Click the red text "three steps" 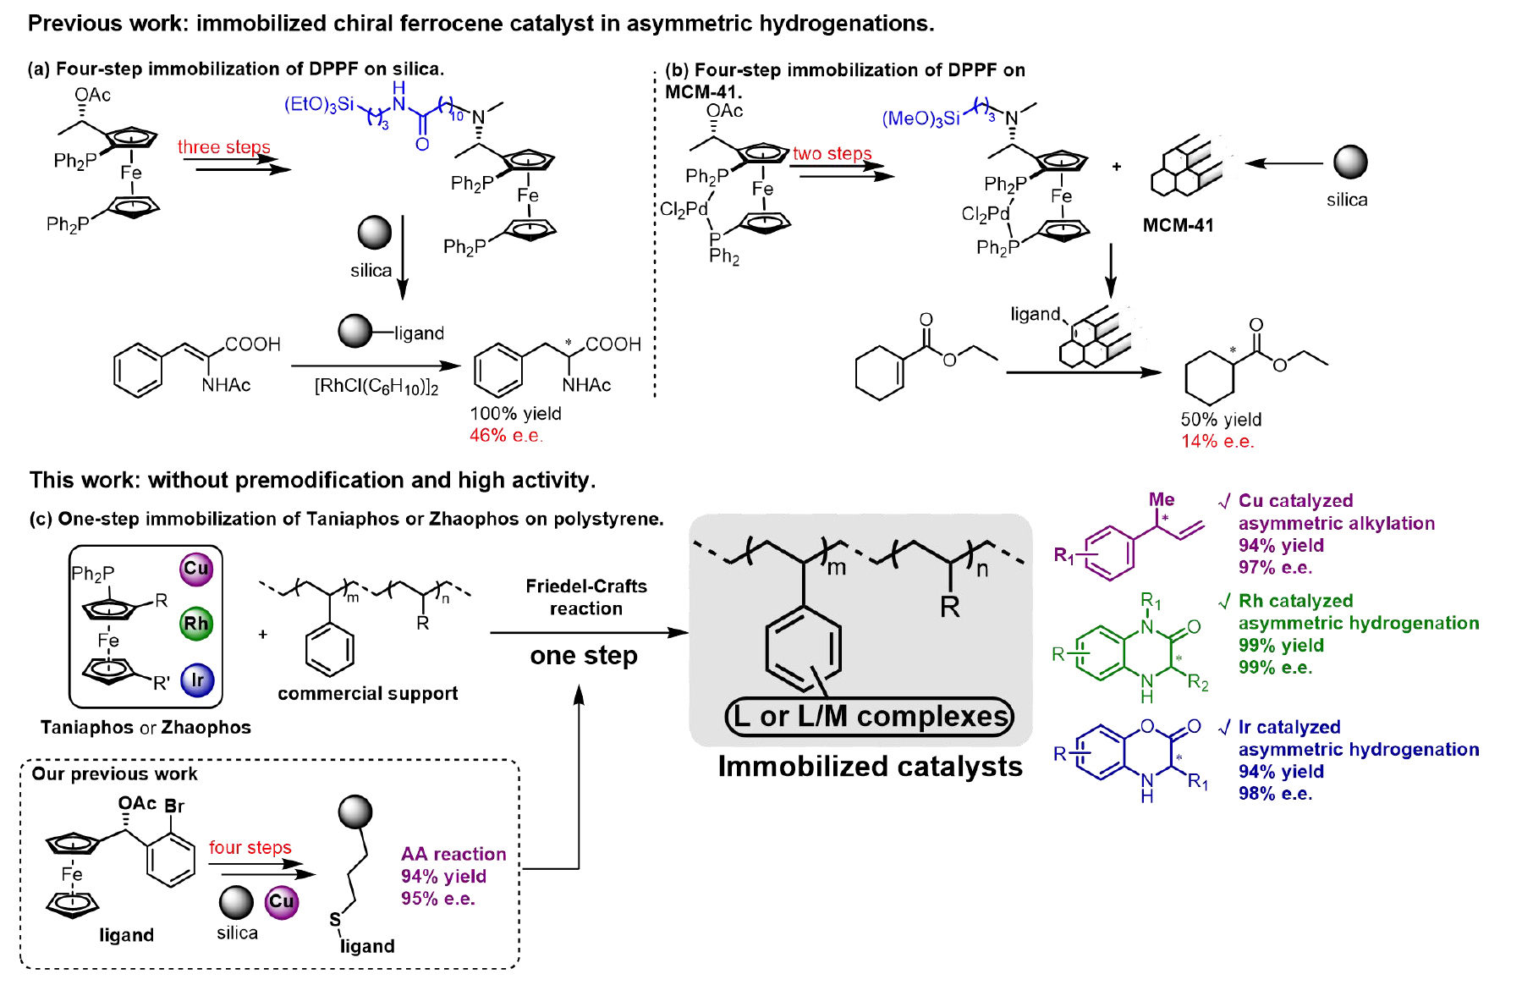[x=223, y=147]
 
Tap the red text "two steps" [x=832, y=153]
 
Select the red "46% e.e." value [x=506, y=436]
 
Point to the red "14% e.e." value [x=1217, y=442]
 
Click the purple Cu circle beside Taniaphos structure [x=196, y=569]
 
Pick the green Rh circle [x=196, y=625]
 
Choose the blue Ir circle [x=197, y=680]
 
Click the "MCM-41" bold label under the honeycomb [x=1178, y=225]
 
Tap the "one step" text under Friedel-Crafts [x=584, y=656]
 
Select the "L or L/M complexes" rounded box [x=870, y=717]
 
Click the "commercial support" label [x=367, y=694]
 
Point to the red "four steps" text [x=250, y=848]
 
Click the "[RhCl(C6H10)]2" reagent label [x=376, y=387]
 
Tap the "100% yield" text [x=515, y=414]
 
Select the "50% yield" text [x=1221, y=420]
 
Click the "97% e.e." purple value [x=1275, y=568]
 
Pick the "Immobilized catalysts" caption [x=870, y=767]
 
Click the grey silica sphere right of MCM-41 [x=1350, y=162]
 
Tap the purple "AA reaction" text [x=453, y=855]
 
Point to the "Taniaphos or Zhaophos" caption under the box [x=146, y=728]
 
